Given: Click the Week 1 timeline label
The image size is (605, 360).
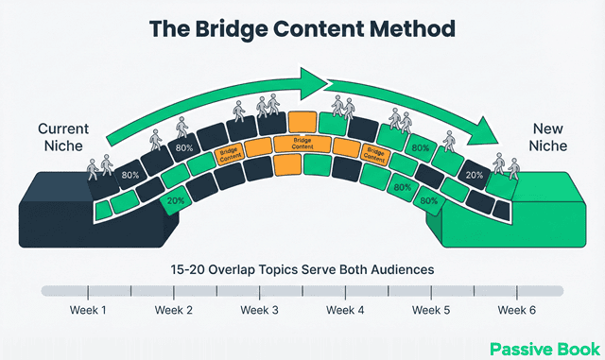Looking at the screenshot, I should coord(88,311).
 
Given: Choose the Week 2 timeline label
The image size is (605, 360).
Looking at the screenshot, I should coord(174,311).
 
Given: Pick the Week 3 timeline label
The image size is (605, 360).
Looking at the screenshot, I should coord(260,311).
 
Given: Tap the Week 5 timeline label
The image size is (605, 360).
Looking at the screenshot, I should coord(432,311).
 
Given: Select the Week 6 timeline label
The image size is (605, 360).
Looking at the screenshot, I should coord(518,311).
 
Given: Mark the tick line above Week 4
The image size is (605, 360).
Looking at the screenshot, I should coord(346,291).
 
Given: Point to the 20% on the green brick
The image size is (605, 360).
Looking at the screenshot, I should coord(176,200).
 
